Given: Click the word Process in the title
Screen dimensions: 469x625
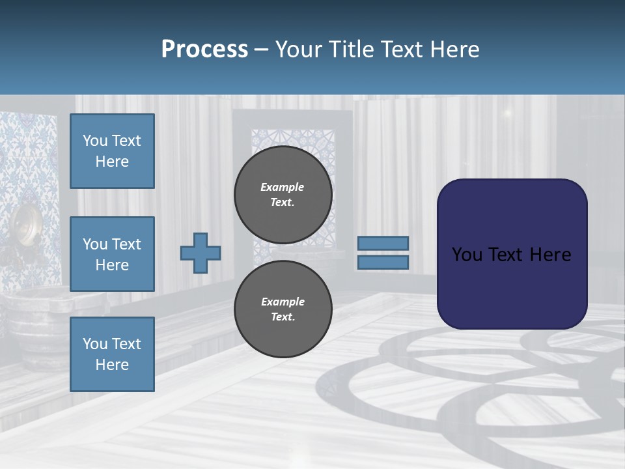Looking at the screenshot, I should click(204, 50).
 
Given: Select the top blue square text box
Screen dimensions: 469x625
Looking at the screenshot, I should click(112, 151).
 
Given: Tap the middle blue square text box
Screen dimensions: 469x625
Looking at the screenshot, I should click(112, 254).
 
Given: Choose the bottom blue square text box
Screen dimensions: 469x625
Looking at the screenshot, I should click(112, 354).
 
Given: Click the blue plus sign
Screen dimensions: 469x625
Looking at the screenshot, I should click(201, 253).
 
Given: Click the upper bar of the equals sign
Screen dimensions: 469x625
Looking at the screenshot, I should click(383, 243).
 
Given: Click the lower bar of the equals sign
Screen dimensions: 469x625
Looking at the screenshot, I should click(383, 263).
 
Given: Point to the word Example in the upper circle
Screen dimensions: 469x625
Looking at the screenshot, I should click(283, 187).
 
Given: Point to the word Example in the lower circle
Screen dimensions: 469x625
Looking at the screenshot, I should click(283, 302).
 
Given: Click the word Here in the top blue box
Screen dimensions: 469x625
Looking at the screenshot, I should click(112, 162).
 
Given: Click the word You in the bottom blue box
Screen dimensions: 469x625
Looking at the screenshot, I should click(94, 344).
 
